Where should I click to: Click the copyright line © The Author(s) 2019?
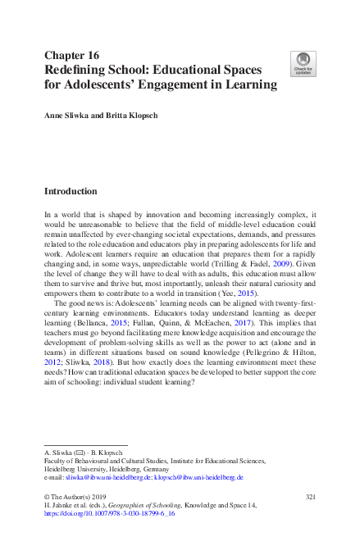pyautogui.click(x=78, y=497)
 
